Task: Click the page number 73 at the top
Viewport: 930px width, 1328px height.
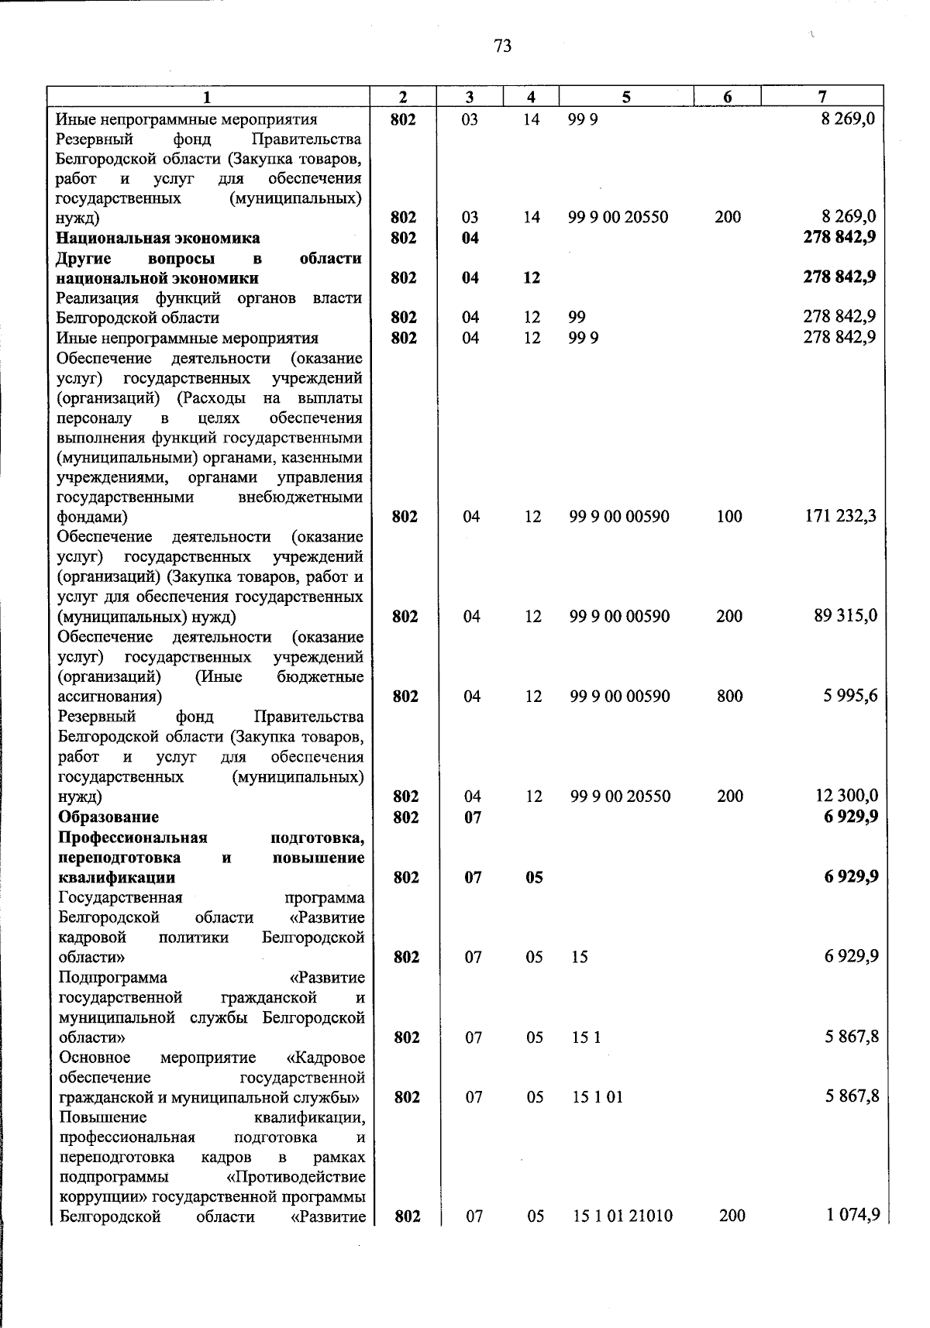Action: click(502, 46)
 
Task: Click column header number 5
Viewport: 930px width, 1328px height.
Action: click(625, 97)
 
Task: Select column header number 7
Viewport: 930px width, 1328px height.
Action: click(821, 97)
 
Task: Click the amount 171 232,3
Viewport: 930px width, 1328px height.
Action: click(841, 516)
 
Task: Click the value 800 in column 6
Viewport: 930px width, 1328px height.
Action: click(730, 696)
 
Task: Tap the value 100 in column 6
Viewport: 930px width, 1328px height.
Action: click(729, 516)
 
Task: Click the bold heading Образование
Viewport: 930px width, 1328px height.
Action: click(108, 817)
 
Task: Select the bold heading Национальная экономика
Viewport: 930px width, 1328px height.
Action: click(158, 238)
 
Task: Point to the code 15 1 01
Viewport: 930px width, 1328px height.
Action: click(598, 1097)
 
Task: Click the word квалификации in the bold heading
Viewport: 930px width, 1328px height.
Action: click(116, 877)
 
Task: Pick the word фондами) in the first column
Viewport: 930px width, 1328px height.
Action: click(92, 517)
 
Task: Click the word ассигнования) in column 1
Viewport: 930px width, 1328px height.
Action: click(110, 697)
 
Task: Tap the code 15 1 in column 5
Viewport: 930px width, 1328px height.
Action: click(586, 1037)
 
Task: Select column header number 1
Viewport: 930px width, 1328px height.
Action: click(206, 97)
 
